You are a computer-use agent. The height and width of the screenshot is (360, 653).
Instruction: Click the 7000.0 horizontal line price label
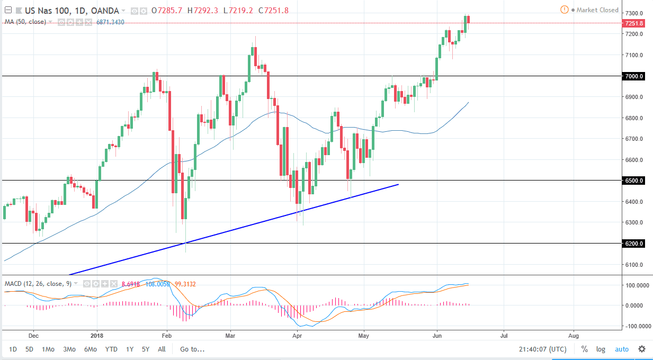tap(633, 76)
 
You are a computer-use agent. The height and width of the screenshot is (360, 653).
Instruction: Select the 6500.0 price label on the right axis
tap(633, 181)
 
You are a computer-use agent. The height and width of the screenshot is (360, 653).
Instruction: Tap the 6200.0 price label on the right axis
tap(633, 244)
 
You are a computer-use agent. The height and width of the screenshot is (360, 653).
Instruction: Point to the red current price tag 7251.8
tap(633, 23)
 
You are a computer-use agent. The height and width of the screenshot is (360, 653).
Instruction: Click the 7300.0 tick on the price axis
tap(633, 13)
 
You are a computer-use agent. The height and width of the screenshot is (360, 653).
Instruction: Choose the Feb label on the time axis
tap(167, 335)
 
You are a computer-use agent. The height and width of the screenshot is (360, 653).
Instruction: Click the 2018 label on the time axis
tap(97, 335)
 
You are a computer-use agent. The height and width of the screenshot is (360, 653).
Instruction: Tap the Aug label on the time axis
tap(573, 335)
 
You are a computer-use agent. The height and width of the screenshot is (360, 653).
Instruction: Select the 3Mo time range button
tap(69, 349)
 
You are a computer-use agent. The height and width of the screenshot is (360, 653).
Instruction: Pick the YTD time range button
tap(111, 349)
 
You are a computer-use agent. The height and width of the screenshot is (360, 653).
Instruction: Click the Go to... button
tap(192, 349)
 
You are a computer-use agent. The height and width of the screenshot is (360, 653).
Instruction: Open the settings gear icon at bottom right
tap(642, 349)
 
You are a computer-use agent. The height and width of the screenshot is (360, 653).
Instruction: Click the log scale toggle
tap(601, 349)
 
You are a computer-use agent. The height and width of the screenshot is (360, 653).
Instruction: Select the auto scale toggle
tap(622, 349)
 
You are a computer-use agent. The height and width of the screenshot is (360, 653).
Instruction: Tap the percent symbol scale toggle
tap(585, 349)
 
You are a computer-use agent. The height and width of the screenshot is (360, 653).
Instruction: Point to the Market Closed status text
tap(597, 10)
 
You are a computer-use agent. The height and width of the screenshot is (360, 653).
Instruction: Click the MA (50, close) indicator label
tap(25, 22)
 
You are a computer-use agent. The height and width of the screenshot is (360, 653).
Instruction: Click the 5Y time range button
tap(145, 349)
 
